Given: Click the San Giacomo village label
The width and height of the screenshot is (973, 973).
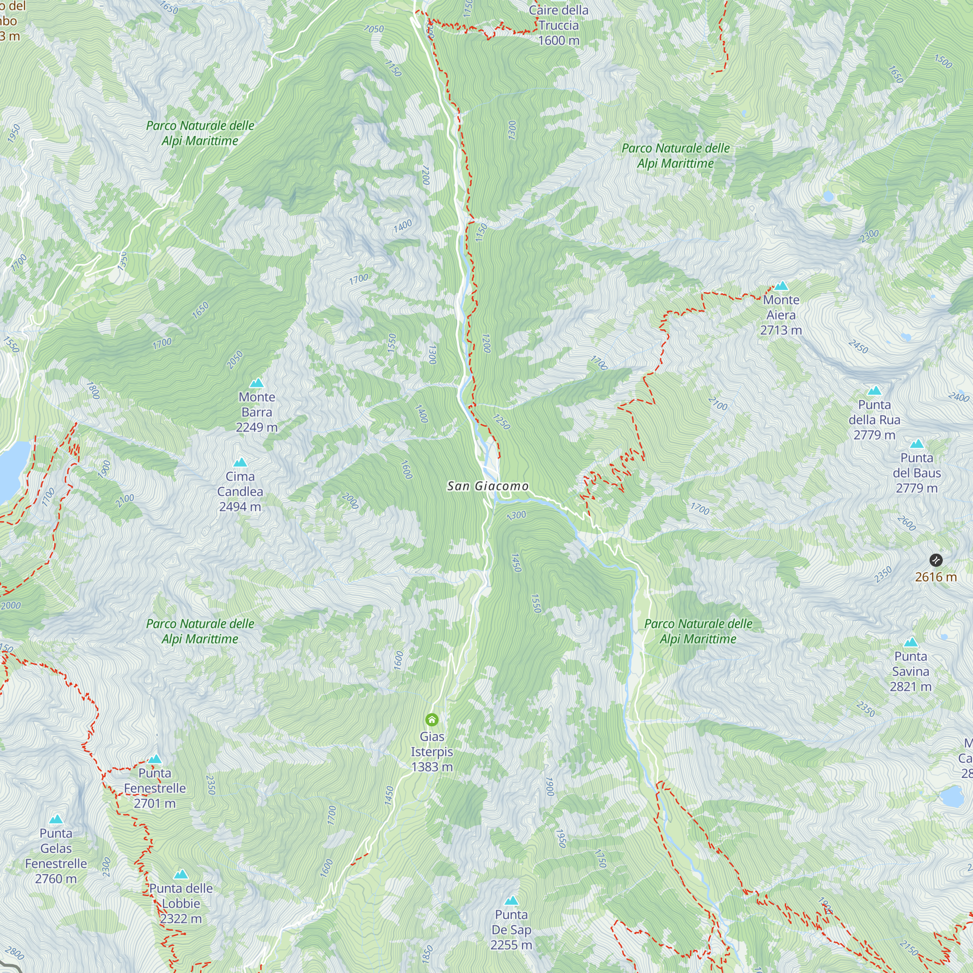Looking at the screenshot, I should coord(487,486).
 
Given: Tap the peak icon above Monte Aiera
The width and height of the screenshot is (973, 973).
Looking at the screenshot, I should coord(781,286).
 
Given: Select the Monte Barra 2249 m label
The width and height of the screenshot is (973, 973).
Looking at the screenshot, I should coord(257,412).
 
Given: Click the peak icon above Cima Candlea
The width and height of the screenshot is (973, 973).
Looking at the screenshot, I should coord(240,462).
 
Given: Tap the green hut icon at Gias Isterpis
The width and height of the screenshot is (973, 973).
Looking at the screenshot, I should coord(432,719).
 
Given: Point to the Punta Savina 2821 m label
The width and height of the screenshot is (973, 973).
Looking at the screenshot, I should coord(911,671).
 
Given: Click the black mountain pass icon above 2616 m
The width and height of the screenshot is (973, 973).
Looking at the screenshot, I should coord(936,559).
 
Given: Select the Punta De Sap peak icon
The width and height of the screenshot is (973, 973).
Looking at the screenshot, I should coord(511,901).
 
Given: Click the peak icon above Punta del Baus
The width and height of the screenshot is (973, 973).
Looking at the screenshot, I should coord(917,444).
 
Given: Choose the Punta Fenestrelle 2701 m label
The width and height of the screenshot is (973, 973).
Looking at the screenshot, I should coord(155,788).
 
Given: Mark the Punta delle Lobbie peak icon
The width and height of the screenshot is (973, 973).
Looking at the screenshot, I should coord(181,874).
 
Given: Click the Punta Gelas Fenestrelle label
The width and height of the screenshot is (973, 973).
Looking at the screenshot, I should coord(56,856).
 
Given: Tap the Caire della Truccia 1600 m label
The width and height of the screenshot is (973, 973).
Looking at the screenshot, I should coord(559,25).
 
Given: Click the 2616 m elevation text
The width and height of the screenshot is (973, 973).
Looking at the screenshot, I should coord(936,577).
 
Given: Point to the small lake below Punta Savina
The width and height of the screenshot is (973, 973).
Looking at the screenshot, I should coord(951,797).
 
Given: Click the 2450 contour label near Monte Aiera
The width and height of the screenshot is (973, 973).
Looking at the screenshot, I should coord(858,346).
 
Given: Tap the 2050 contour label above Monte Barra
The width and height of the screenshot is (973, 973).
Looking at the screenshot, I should coord(234,360).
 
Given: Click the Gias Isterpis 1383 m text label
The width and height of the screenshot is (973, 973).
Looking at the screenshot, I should coord(432,752).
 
